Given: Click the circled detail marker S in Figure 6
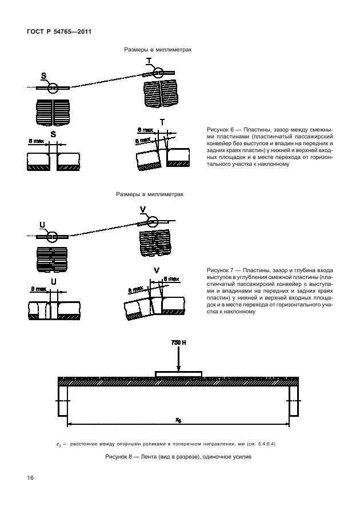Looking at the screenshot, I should tap(53, 87).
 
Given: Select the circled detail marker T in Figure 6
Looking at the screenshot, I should tap(157, 72).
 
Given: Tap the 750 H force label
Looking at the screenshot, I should tap(179, 342).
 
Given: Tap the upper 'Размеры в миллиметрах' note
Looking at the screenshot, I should tap(158, 50).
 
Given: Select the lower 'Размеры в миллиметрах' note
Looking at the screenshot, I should tap(150, 194).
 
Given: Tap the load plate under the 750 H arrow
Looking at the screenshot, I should tap(179, 374).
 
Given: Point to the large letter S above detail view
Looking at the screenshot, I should tap(53, 134).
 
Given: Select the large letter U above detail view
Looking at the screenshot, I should tap(54, 281).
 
